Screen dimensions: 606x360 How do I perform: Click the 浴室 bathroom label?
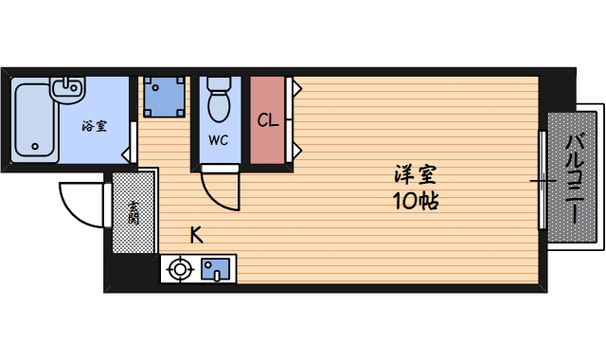tap(95, 126)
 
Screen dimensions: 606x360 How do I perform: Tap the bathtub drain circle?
tap(35, 147)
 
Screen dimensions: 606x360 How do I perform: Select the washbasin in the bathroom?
tap(67, 89)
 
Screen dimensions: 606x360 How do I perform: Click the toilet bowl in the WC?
tap(219, 99)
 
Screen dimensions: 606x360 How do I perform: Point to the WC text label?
tap(219, 140)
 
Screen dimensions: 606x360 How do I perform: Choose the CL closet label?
tap(268, 120)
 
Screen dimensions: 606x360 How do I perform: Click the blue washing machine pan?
tap(164, 97)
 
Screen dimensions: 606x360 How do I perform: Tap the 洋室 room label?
tap(416, 174)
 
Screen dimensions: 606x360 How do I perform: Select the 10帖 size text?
tap(416, 201)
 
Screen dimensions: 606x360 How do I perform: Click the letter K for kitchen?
tap(197, 235)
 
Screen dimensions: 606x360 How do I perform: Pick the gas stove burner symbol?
tap(180, 269)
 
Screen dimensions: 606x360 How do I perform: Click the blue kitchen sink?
tap(215, 269)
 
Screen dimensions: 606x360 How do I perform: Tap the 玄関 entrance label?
tap(134, 212)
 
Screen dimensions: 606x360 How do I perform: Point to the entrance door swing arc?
tap(72, 210)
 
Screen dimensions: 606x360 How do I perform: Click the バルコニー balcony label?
tap(574, 177)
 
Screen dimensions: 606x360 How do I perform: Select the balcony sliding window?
tap(543, 180)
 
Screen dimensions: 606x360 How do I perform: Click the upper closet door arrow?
tap(297, 88)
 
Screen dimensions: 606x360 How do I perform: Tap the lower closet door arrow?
tap(297, 150)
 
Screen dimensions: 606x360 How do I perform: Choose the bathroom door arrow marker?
tap(127, 155)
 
